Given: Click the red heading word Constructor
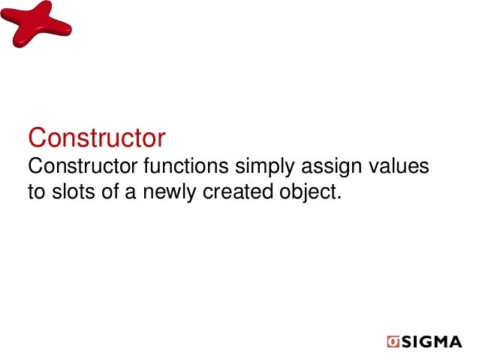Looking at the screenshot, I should point(96,138).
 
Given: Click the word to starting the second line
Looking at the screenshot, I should point(36,192).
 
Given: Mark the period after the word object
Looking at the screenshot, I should point(339,198).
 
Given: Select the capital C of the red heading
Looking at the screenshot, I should point(36,138).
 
